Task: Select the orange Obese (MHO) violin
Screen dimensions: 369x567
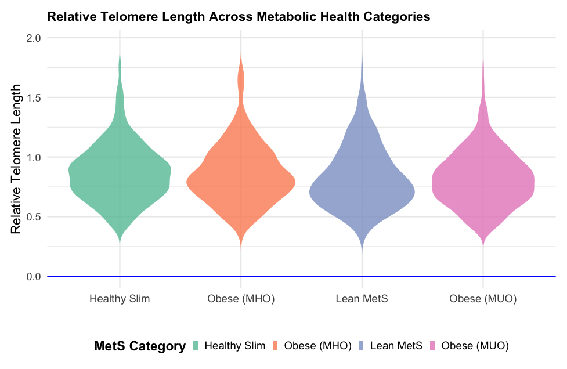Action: [241, 180]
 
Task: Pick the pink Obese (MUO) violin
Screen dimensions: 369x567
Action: [483, 183]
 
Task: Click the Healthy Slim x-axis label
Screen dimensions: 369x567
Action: [120, 299]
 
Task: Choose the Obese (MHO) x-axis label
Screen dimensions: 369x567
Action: [241, 299]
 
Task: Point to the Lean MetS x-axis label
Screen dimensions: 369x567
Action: [362, 299]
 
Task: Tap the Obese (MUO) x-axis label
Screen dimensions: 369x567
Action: [483, 299]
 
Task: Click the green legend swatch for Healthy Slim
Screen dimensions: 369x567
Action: [194, 346]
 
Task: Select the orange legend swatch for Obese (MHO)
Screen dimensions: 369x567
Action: [275, 346]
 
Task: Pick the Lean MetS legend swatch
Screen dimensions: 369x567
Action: [360, 346]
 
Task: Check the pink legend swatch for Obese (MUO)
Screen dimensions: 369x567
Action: [432, 346]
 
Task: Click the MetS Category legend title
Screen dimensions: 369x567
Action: [139, 346]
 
